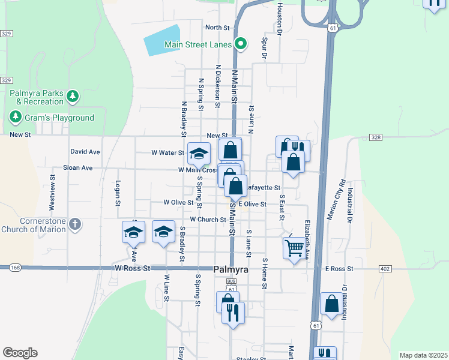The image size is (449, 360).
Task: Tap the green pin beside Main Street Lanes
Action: [x=241, y=43]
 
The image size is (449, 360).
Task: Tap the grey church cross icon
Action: [x=74, y=224]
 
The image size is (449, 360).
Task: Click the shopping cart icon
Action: [x=294, y=247]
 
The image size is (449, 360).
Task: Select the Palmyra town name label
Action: [x=231, y=270]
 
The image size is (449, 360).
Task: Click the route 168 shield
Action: [x=15, y=267]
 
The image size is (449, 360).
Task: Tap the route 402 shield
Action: [x=385, y=269]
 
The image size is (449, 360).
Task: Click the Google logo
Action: [x=20, y=353]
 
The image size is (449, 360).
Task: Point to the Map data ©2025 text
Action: [x=423, y=355]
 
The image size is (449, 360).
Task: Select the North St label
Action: [x=217, y=28]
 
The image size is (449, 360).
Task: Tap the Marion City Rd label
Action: [x=335, y=200]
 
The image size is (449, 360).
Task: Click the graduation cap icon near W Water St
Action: [x=199, y=154]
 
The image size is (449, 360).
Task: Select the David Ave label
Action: [x=85, y=152]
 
